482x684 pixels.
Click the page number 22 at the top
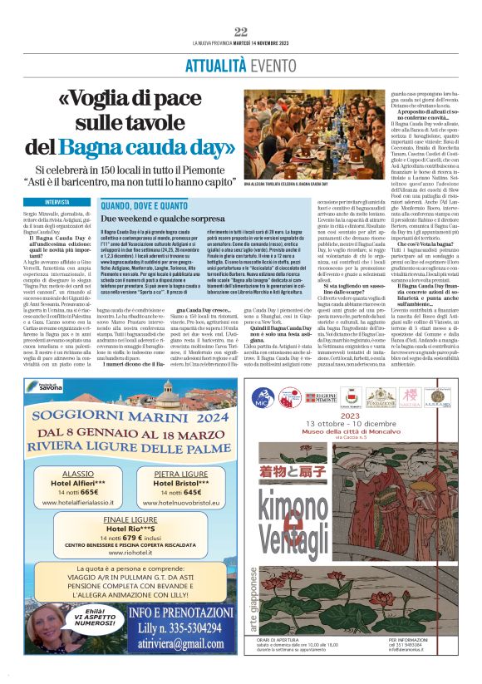tap(241, 32)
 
